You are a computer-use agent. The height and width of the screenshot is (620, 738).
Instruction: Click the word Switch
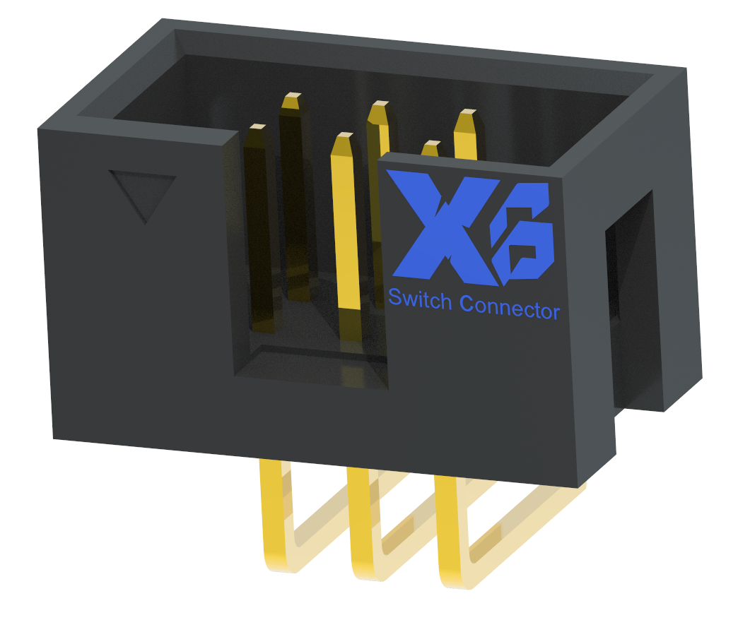pos(420,299)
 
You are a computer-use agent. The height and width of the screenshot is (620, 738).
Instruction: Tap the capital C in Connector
pos(467,304)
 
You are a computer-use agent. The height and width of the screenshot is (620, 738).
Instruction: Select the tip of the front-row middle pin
pos(344,138)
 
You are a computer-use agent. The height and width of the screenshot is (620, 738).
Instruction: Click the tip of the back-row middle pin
pos(379,107)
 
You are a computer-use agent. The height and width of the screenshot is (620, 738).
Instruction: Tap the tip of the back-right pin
pos(466,115)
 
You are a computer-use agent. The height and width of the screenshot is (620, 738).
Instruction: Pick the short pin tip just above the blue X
pos(430,146)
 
